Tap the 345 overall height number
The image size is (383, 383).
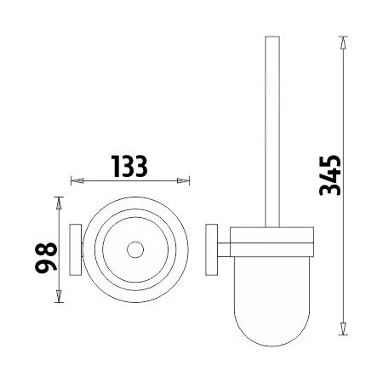[329, 175]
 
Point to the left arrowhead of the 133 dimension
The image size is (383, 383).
[74, 180]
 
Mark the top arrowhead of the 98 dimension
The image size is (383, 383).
[59, 201]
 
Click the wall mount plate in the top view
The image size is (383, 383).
[75, 250]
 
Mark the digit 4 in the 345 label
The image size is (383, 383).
[329, 175]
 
